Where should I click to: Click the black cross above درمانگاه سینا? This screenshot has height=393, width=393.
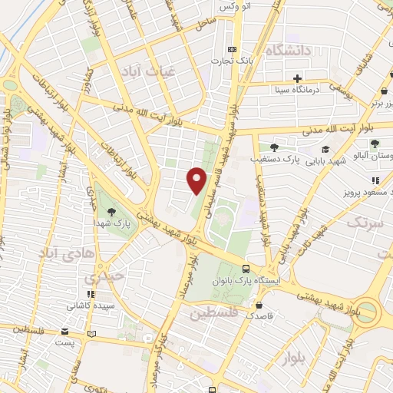[x=297, y=78]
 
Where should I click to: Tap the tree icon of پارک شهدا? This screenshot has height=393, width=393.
[x=113, y=212]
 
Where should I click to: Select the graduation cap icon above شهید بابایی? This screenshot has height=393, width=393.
[x=325, y=150]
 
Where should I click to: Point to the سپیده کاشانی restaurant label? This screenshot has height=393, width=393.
[x=91, y=305]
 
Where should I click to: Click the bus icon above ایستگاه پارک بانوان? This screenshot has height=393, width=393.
[x=246, y=269]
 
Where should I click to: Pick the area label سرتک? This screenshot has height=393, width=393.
[x=363, y=223]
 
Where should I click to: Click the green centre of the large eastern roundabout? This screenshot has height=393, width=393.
[x=368, y=311]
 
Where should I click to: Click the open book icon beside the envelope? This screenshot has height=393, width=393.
[x=93, y=334]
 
